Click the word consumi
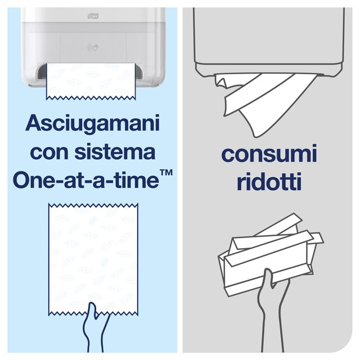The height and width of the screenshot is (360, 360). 269,154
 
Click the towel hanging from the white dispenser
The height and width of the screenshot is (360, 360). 93,82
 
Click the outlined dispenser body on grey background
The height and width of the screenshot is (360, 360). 269,39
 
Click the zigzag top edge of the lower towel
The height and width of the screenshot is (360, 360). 93,206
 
